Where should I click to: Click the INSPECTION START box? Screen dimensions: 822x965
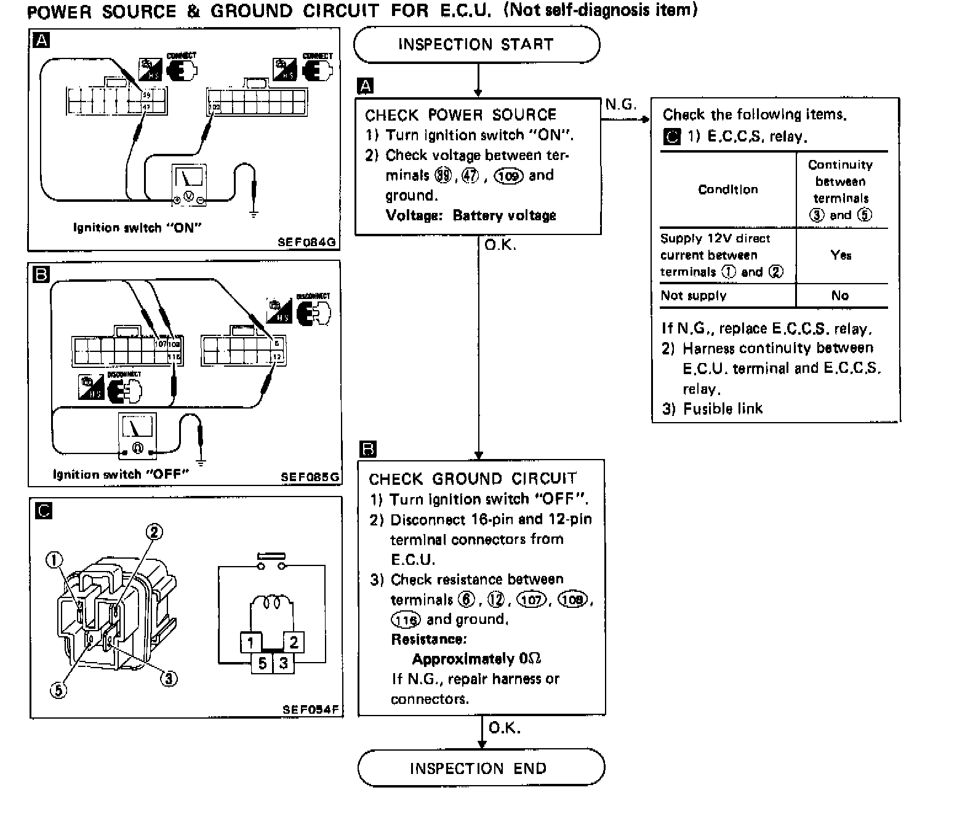476,44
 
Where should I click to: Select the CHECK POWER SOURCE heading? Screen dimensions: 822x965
460,115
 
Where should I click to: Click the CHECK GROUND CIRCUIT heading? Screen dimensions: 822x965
473,479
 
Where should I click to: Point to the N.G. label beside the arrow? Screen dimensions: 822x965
620,105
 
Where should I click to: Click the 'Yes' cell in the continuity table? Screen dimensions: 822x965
841,255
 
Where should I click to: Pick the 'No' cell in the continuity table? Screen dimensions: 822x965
840,296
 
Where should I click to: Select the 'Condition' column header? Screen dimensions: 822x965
727,190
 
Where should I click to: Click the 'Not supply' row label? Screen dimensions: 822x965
694,296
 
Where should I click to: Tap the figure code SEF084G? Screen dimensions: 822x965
306,242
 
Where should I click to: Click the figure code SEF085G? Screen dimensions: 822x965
310,477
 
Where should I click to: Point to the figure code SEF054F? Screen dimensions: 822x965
311,709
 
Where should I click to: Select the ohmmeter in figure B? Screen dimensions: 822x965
138,435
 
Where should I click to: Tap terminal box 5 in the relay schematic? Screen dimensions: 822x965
262,663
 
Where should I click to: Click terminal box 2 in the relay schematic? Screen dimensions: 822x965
294,642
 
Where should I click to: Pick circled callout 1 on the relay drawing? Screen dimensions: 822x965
55,559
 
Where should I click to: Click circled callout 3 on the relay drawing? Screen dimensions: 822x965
169,678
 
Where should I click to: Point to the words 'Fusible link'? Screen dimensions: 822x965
723,409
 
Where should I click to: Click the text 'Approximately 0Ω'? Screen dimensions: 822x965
476,660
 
